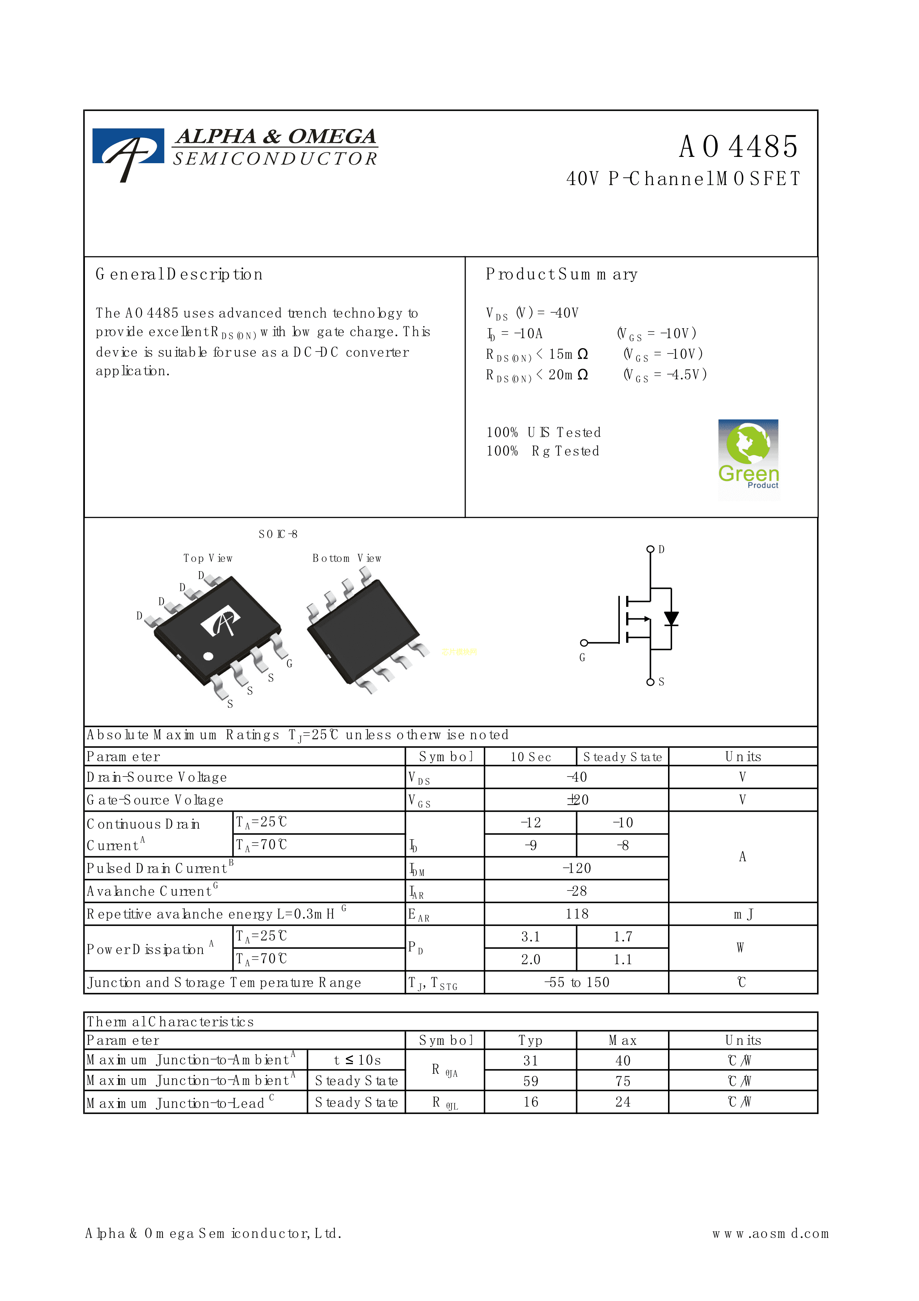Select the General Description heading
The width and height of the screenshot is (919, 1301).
click(x=179, y=275)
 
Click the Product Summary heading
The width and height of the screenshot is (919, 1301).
click(x=561, y=275)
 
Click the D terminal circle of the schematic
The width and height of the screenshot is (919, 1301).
click(x=651, y=549)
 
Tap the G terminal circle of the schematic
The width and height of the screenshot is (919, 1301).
click(x=584, y=643)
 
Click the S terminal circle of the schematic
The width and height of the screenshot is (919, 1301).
click(x=651, y=682)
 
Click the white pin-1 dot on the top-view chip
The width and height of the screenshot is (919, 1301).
click(x=208, y=656)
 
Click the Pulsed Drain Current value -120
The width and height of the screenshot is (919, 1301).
click(x=576, y=868)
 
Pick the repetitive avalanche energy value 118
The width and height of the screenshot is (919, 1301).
click(x=576, y=914)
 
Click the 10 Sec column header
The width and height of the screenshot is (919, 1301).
click(x=530, y=757)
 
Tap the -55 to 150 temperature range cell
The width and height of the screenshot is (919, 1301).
click(x=576, y=982)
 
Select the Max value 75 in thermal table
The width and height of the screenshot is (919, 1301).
click(x=622, y=1081)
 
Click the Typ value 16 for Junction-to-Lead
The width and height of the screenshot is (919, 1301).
click(x=530, y=1102)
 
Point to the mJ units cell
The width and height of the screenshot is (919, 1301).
click(x=743, y=914)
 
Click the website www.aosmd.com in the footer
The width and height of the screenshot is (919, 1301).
click(x=770, y=1234)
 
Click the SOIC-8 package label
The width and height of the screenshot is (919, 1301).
click(x=278, y=534)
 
